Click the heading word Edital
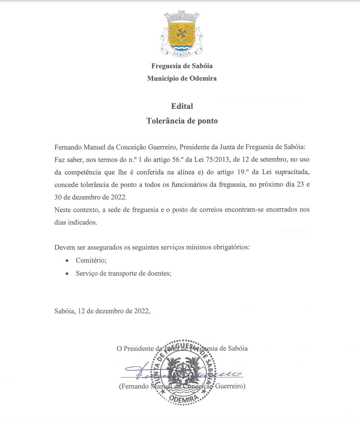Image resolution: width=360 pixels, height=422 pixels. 182,106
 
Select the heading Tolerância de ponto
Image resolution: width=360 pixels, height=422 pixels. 182,121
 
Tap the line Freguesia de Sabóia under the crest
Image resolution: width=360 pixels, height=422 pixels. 182,66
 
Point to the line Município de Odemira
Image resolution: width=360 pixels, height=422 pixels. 182,78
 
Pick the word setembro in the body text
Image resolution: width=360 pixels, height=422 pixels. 260,160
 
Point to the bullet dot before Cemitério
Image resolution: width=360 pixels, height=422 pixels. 67,261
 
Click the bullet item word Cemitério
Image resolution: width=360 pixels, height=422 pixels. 91,261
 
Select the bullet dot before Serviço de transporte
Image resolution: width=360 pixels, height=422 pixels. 67,274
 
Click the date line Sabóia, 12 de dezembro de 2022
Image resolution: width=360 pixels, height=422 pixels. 102,311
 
